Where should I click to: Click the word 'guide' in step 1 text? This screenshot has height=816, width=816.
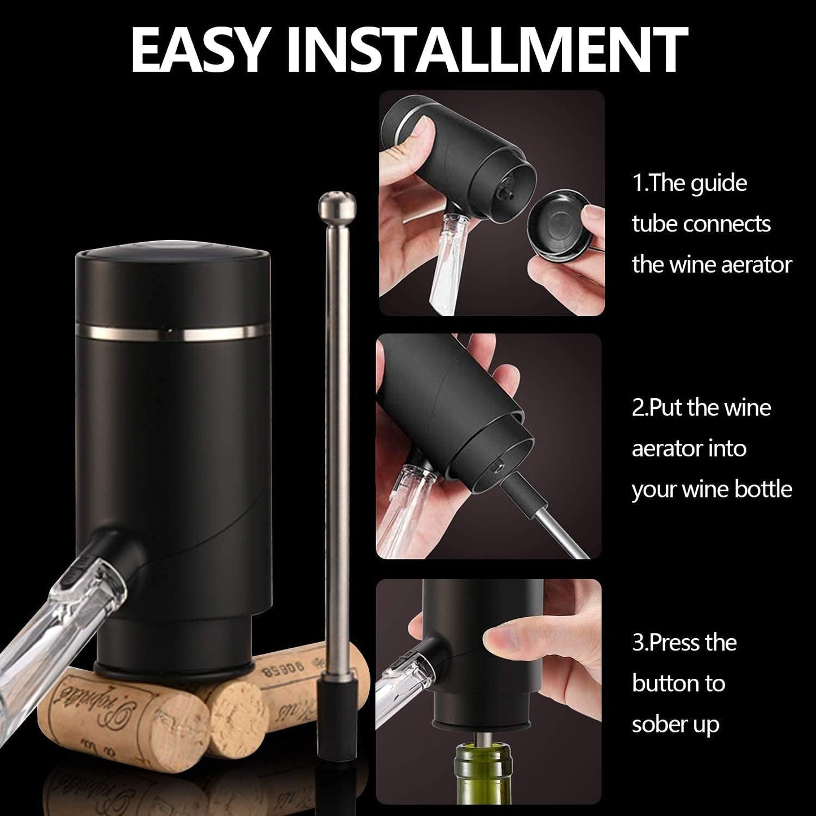point(721,184)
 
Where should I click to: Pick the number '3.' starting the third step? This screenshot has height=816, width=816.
point(640,643)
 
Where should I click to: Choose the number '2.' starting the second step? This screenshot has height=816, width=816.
point(640,408)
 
